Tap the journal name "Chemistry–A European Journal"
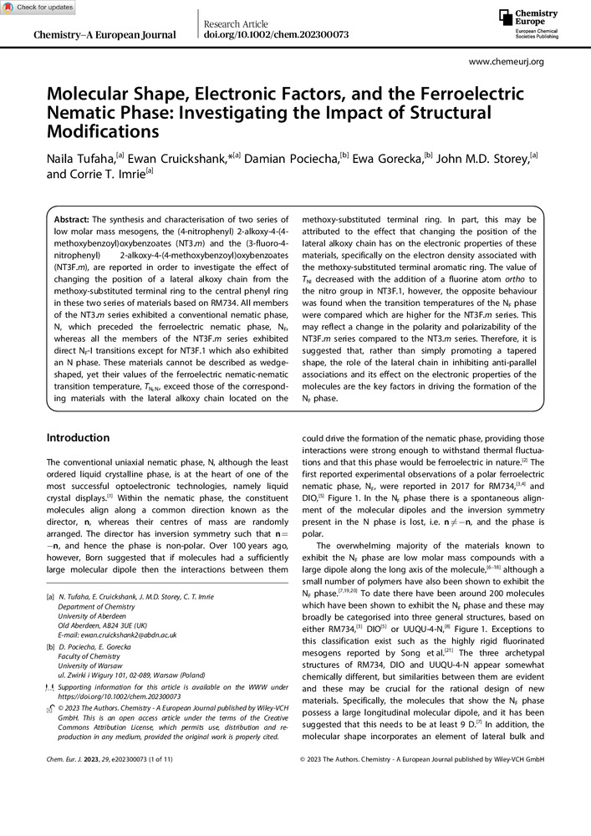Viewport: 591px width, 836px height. [104, 35]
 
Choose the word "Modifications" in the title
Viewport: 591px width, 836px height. [103, 131]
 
